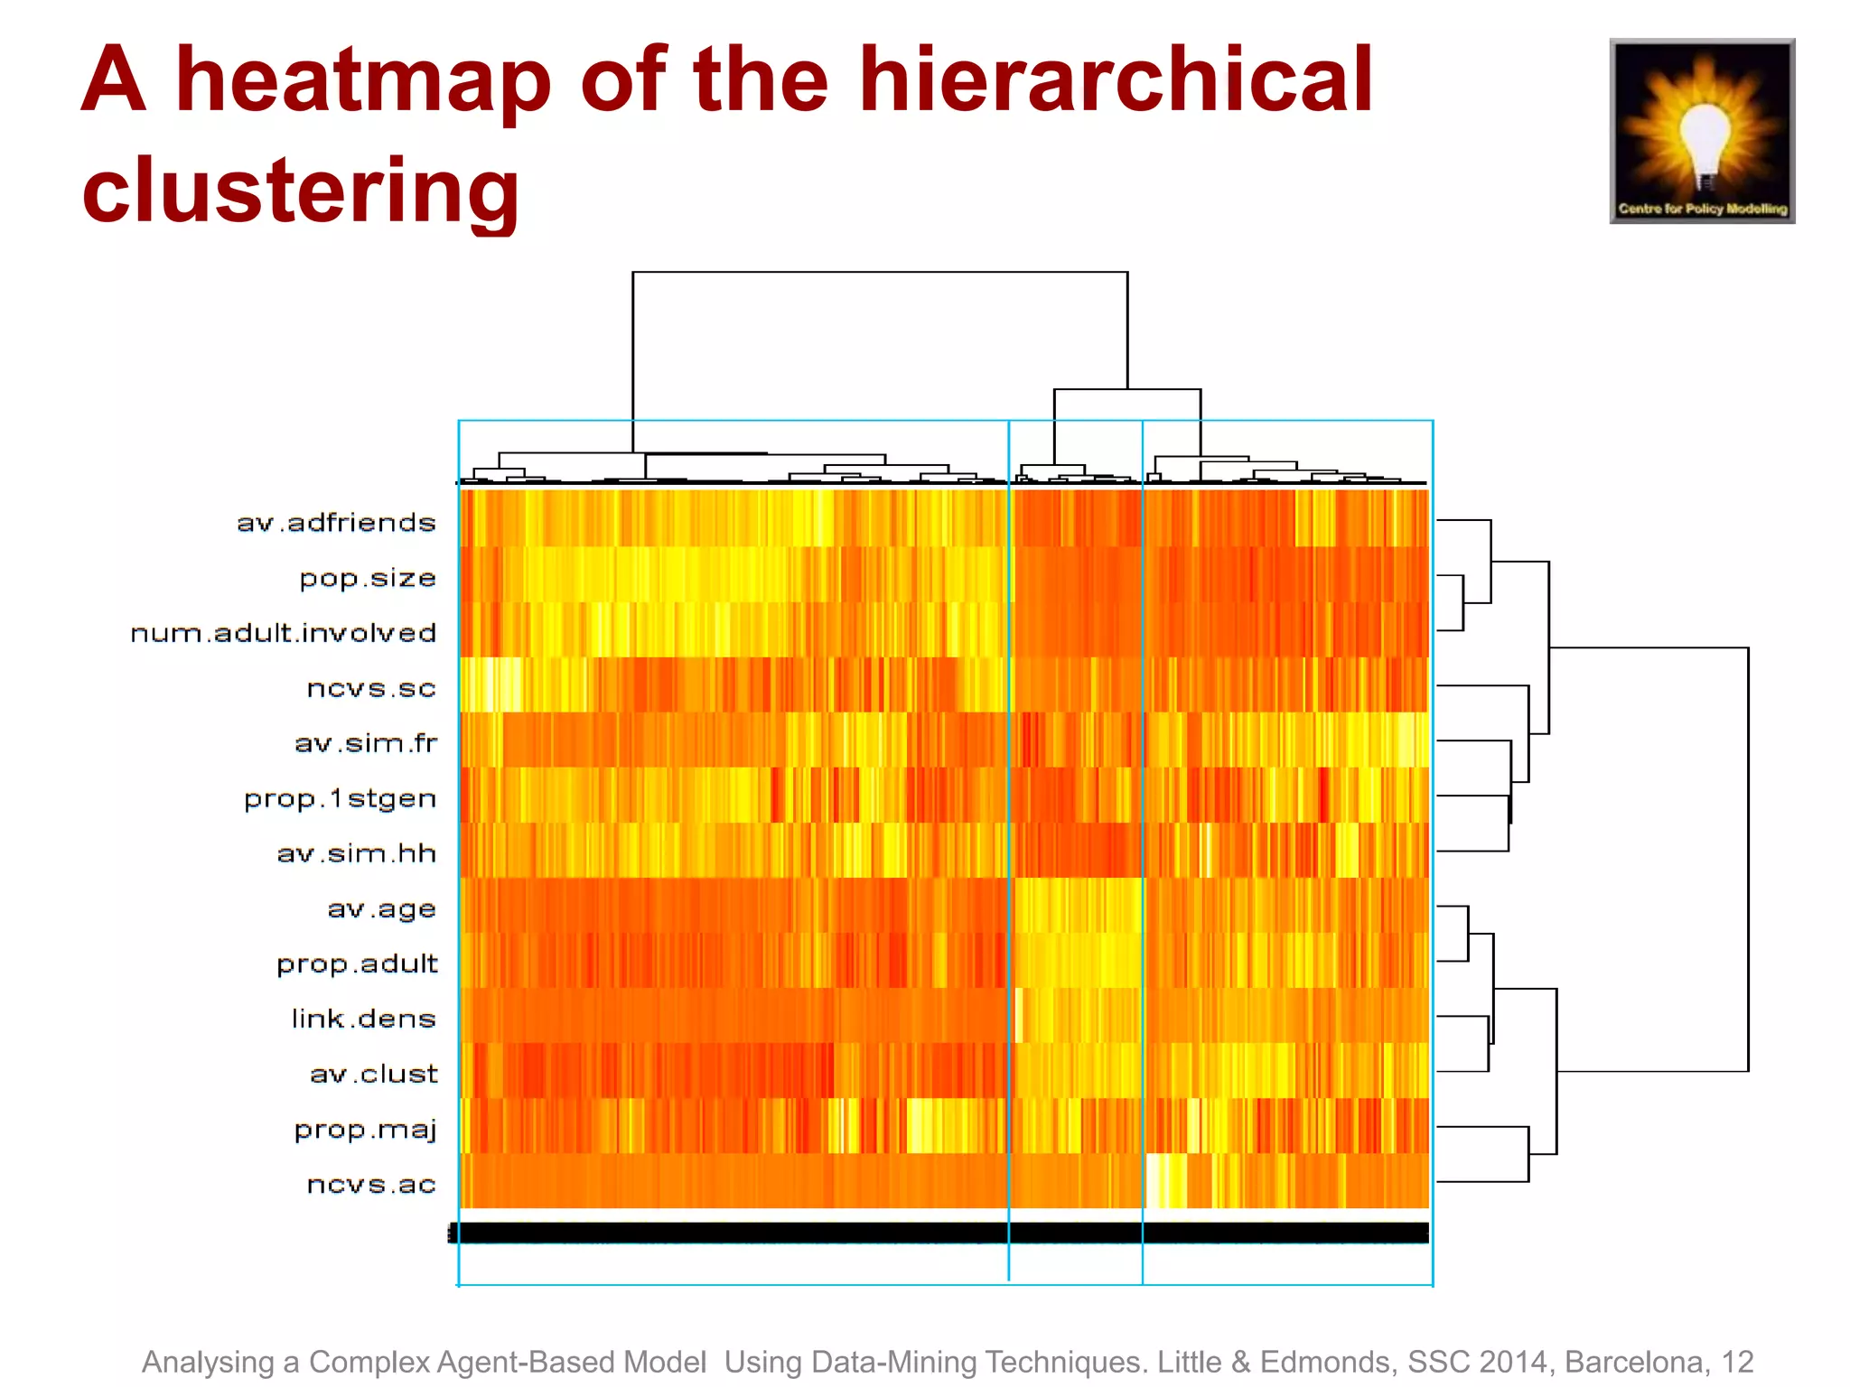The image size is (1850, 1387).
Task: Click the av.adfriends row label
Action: pyautogui.click(x=336, y=523)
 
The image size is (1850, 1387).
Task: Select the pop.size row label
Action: pyautogui.click(x=368, y=578)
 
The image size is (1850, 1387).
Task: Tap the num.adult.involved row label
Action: pyautogui.click(x=284, y=633)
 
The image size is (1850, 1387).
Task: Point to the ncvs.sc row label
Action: pyautogui.click(x=371, y=688)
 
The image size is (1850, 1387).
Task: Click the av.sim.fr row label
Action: pyautogui.click(x=366, y=743)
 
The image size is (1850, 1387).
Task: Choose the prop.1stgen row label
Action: pyautogui.click(x=340, y=799)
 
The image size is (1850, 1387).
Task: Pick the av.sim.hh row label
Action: pyautogui.click(x=357, y=853)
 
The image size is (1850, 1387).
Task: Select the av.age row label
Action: pyautogui.click(x=381, y=909)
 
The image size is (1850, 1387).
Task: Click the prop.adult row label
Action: pyautogui.click(x=357, y=964)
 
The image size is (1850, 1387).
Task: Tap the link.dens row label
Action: pyautogui.click(x=363, y=1019)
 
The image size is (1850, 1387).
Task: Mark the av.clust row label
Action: pyautogui.click(x=373, y=1075)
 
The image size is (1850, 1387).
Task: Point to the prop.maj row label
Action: pyautogui.click(x=365, y=1130)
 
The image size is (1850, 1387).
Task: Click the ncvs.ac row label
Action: pyautogui.click(x=371, y=1185)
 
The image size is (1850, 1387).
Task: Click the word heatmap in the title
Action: pyautogui.click(x=363, y=83)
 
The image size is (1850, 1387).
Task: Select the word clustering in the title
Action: pyautogui.click(x=301, y=191)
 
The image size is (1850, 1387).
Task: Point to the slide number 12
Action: pyautogui.click(x=1737, y=1362)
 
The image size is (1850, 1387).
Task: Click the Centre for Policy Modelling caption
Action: pyautogui.click(x=1703, y=209)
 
